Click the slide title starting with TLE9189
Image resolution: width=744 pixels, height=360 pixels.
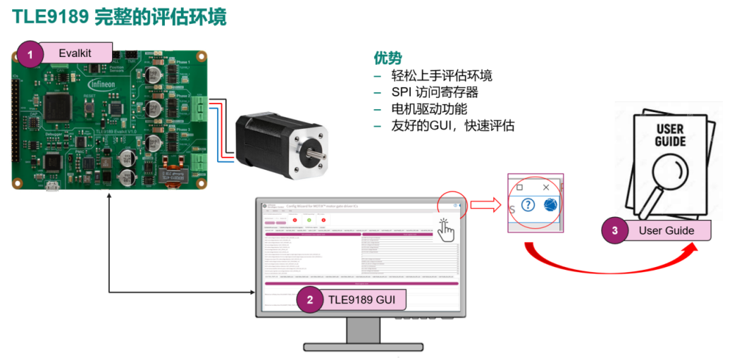[x=120, y=17]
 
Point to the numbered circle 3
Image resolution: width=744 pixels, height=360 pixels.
[x=615, y=230]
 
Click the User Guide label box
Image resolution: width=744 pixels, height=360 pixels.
[x=666, y=230]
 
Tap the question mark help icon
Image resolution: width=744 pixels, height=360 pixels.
[x=528, y=206]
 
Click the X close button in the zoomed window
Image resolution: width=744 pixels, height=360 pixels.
[x=546, y=187]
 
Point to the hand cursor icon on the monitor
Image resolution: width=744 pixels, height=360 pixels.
[x=446, y=230]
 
